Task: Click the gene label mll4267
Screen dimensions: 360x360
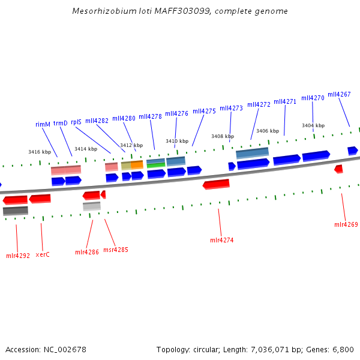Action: (x=339, y=94)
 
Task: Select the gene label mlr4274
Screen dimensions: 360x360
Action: (x=221, y=240)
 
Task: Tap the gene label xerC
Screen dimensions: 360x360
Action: (x=42, y=254)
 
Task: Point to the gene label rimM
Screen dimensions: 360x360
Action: (x=43, y=124)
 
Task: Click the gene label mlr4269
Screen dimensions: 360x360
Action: (x=346, y=224)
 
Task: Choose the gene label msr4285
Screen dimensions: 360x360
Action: (x=115, y=250)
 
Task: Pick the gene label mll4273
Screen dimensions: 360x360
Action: (x=231, y=108)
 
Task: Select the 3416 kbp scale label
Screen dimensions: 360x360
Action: (x=40, y=152)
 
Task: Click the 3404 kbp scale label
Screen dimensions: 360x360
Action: (x=313, y=125)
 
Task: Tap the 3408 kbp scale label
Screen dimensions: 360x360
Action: (x=222, y=136)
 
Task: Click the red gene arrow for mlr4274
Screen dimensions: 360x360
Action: (x=216, y=184)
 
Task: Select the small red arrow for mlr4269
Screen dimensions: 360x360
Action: (x=339, y=169)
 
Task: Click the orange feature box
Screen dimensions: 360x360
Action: (x=137, y=164)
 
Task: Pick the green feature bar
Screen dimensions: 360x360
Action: (x=156, y=165)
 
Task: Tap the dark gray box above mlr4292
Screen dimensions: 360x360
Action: (x=16, y=211)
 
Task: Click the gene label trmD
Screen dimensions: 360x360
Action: (x=61, y=123)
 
